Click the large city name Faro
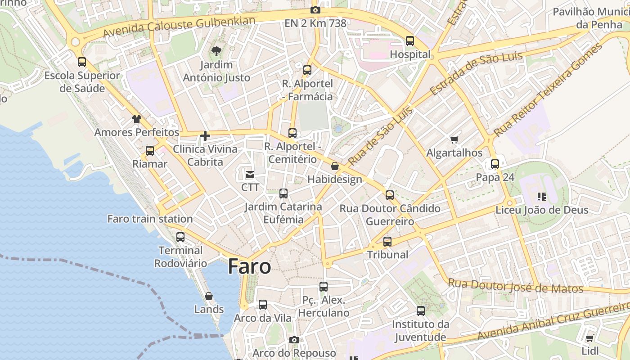click(x=249, y=266)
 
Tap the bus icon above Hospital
click(x=410, y=41)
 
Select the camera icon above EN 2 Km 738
click(x=315, y=10)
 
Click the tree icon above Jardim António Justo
click(x=216, y=51)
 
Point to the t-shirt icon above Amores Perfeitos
click(x=137, y=119)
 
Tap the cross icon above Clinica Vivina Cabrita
click(x=205, y=135)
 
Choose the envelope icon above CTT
click(x=250, y=174)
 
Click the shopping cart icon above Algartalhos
click(x=454, y=140)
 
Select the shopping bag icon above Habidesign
click(x=335, y=166)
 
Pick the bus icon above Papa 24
click(x=495, y=164)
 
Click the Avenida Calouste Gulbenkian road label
click(x=179, y=27)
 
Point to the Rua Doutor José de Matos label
click(x=516, y=286)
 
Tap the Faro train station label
click(x=150, y=219)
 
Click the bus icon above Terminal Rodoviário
click(x=180, y=237)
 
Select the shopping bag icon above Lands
click(x=209, y=296)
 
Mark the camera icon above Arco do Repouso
click(x=294, y=340)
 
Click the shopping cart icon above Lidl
click(x=590, y=338)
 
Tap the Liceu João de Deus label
click(x=542, y=210)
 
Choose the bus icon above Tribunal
click(x=387, y=241)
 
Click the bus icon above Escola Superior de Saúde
click(x=82, y=62)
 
